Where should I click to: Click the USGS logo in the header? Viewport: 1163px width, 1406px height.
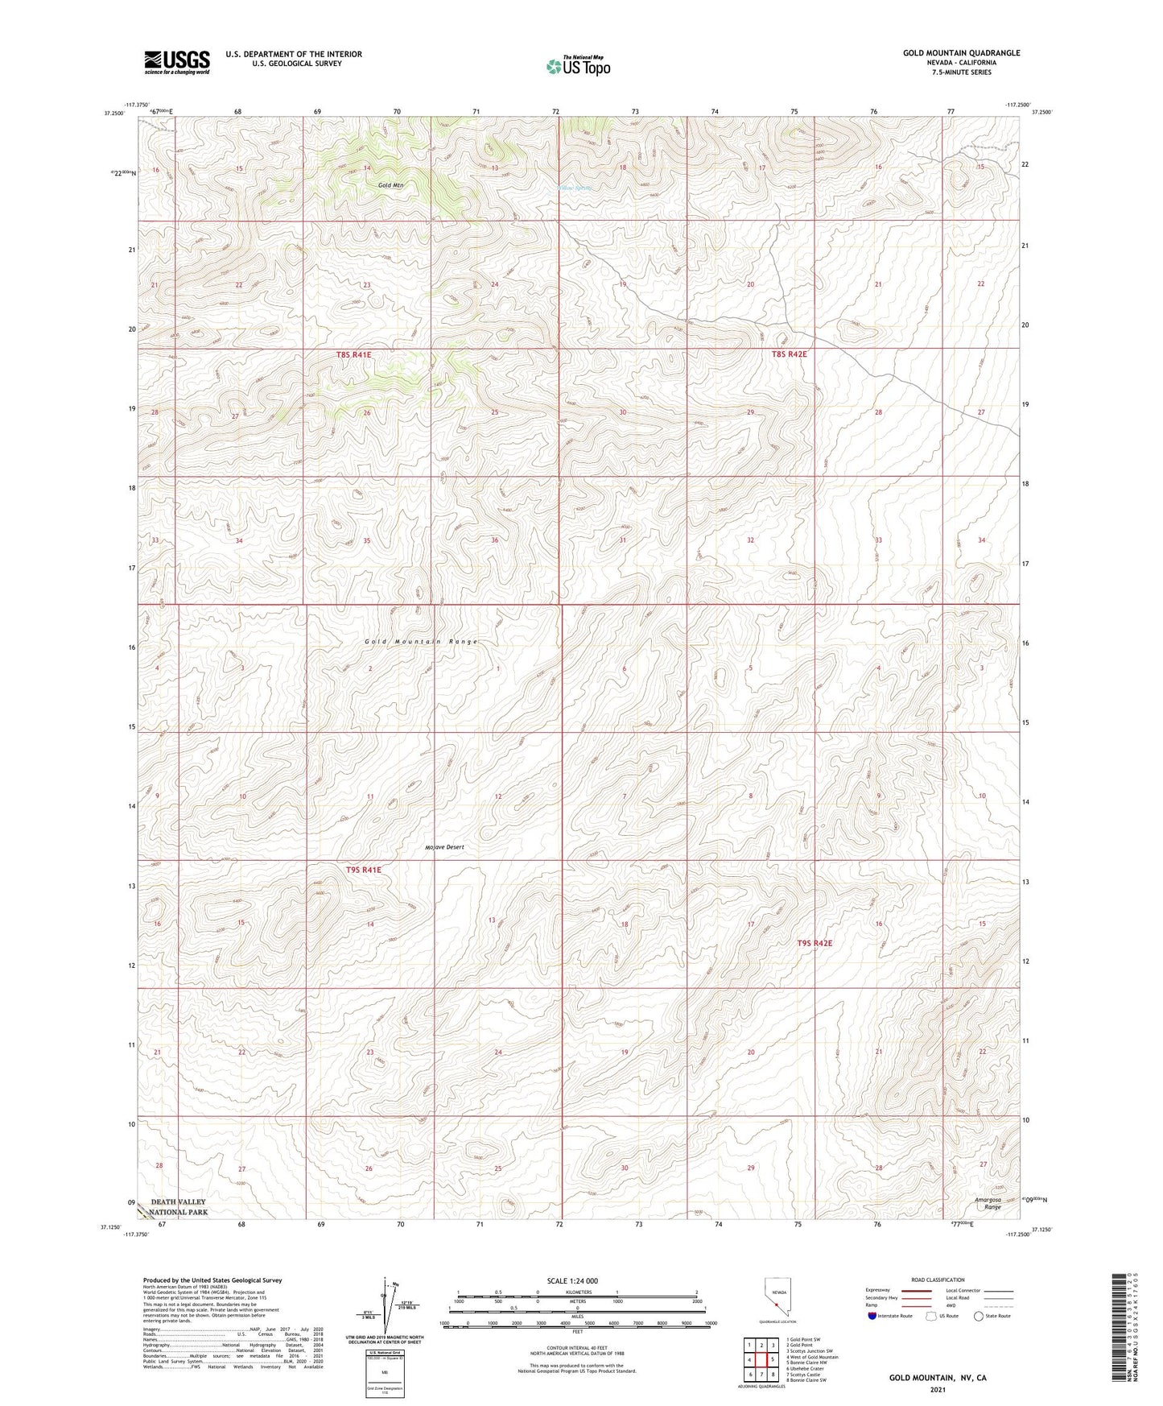tap(176, 61)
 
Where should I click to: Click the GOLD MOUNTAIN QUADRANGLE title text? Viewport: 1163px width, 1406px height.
tap(961, 53)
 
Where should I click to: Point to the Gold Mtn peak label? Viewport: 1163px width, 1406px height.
tap(391, 185)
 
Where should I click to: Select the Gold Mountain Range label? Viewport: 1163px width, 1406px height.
tap(421, 642)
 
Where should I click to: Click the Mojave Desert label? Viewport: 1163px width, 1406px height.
tap(444, 847)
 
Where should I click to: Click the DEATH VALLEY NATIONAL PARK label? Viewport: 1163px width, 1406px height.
tap(179, 1207)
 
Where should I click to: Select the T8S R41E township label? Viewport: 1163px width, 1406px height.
tap(354, 354)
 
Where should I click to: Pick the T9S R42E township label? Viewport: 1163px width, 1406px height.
tap(815, 942)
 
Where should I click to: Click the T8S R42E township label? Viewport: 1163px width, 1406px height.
tap(789, 354)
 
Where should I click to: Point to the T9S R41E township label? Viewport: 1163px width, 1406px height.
tap(364, 870)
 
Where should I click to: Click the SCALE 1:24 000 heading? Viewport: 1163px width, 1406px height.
tap(571, 1280)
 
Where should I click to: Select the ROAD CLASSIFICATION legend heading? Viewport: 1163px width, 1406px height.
tap(938, 1280)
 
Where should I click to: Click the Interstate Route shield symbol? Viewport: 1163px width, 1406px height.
tap(872, 1316)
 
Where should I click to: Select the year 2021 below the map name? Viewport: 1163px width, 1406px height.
tap(937, 1389)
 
